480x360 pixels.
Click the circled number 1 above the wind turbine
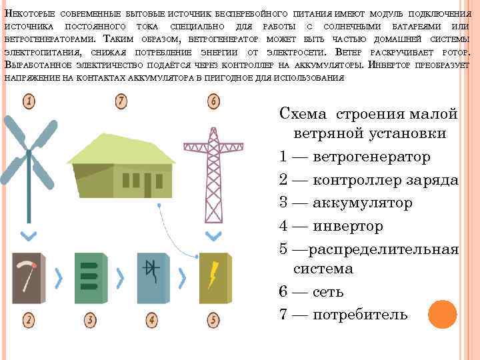tap(29, 102)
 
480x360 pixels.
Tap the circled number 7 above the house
tap(121, 102)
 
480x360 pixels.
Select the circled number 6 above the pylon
tap(213, 102)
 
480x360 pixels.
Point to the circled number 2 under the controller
tap(29, 321)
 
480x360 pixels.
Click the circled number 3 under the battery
tap(90, 321)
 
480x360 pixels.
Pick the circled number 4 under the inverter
tap(152, 321)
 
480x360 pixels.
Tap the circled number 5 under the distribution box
tap(213, 321)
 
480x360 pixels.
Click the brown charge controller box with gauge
tap(27, 278)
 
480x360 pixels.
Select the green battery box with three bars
tap(89, 278)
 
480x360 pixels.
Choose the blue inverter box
tap(152, 278)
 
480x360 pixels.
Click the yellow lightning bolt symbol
tap(213, 274)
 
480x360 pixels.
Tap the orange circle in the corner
tap(442, 314)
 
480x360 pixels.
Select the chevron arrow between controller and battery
tap(59, 276)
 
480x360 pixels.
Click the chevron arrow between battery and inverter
tap(121, 276)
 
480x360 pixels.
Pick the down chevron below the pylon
tap(213, 235)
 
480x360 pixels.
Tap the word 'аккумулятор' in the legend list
tap(363, 203)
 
